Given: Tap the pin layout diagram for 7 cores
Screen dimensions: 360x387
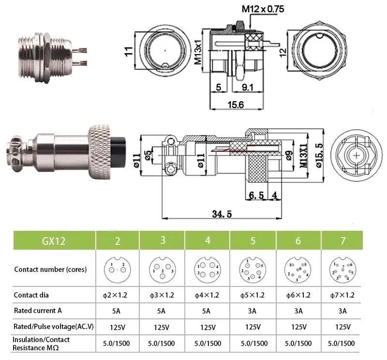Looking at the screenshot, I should pyautogui.click(x=342, y=269).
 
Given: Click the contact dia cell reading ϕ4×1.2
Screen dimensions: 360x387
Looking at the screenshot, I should pyautogui.click(x=207, y=295).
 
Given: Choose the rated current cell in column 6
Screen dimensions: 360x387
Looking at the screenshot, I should pyautogui.click(x=298, y=311).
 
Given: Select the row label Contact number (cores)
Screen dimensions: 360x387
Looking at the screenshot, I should pyautogui.click(x=50, y=269).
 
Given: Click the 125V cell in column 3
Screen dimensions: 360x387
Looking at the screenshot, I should pyautogui.click(x=162, y=327).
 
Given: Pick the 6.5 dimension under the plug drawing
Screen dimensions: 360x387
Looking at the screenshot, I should pyautogui.click(x=255, y=195).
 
